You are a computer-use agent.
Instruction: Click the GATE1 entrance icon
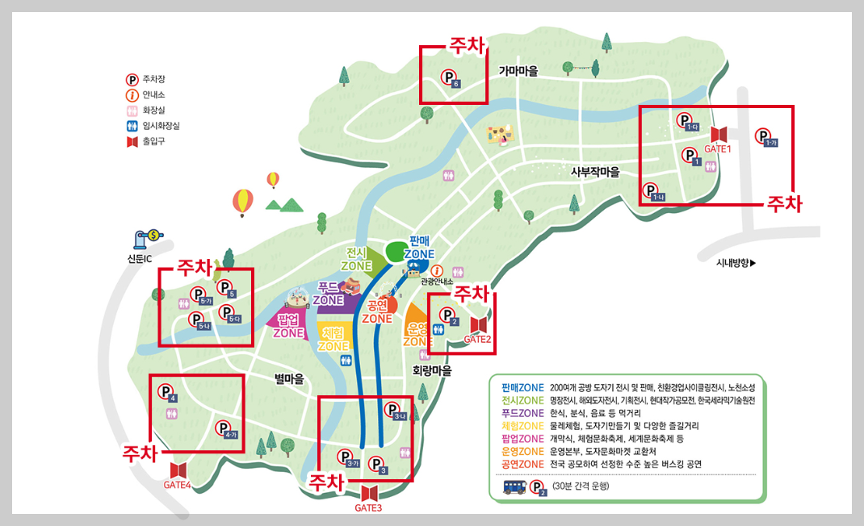pyautogui.click(x=718, y=134)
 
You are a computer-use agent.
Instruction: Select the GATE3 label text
pyautogui.click(x=368, y=508)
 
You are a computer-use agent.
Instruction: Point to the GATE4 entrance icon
pyautogui.click(x=178, y=470)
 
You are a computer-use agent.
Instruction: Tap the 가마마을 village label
pyautogui.click(x=518, y=71)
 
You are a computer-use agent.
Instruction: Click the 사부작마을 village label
pyautogui.click(x=594, y=171)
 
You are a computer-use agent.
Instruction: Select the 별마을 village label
pyautogui.click(x=289, y=378)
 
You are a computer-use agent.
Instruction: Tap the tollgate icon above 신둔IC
pyautogui.click(x=149, y=238)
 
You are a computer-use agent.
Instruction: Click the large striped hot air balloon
pyautogui.click(x=241, y=202)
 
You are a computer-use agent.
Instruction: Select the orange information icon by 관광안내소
pyautogui.click(x=438, y=271)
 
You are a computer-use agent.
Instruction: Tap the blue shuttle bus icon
pyautogui.click(x=514, y=486)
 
